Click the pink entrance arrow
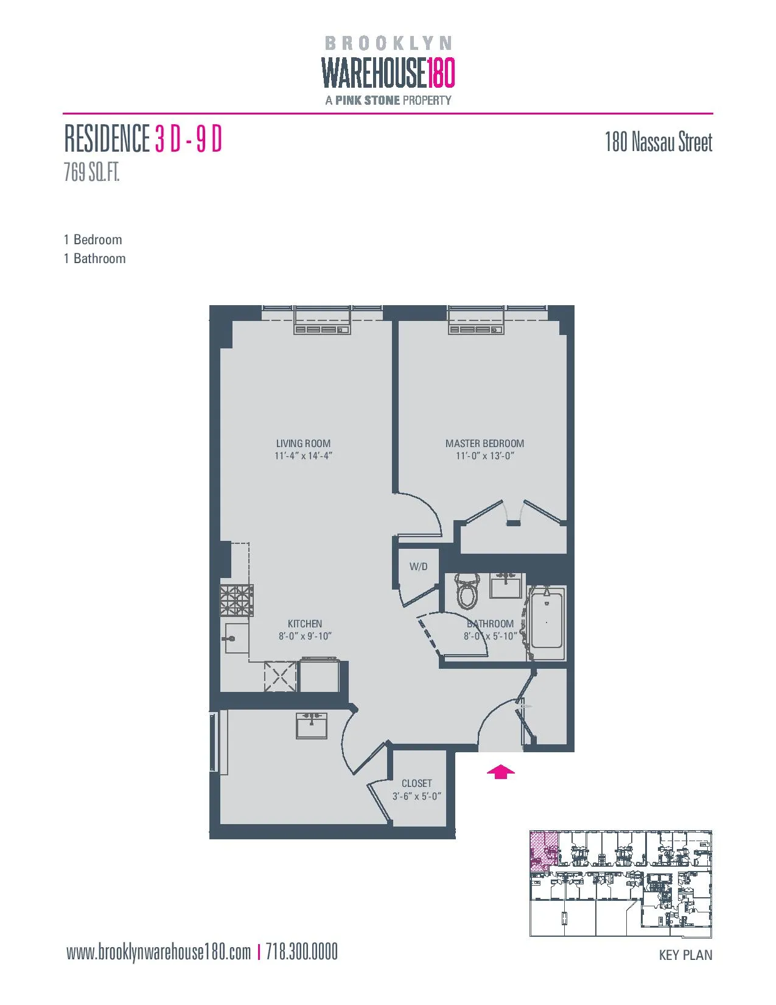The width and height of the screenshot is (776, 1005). click(500, 772)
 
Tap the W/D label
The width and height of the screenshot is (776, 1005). click(418, 566)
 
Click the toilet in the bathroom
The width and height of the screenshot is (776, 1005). click(467, 591)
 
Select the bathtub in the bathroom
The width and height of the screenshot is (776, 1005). click(547, 622)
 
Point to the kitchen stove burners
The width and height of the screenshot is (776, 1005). click(236, 600)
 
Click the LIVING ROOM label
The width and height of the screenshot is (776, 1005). click(303, 443)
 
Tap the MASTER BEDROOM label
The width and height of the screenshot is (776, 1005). click(484, 443)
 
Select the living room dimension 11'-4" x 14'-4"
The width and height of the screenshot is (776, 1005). click(303, 456)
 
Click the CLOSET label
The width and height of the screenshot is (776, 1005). click(416, 783)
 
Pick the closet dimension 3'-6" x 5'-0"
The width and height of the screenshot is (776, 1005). click(416, 796)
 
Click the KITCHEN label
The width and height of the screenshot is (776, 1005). click(305, 624)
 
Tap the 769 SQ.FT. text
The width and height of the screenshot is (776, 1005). click(92, 173)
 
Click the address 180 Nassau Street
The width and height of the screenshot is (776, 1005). click(658, 143)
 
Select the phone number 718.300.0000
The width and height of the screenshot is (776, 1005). click(302, 952)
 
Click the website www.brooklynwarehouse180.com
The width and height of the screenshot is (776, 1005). click(158, 952)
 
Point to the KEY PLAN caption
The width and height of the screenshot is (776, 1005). click(685, 955)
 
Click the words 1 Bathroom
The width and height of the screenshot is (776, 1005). click(95, 258)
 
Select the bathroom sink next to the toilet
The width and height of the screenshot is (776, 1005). click(505, 587)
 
